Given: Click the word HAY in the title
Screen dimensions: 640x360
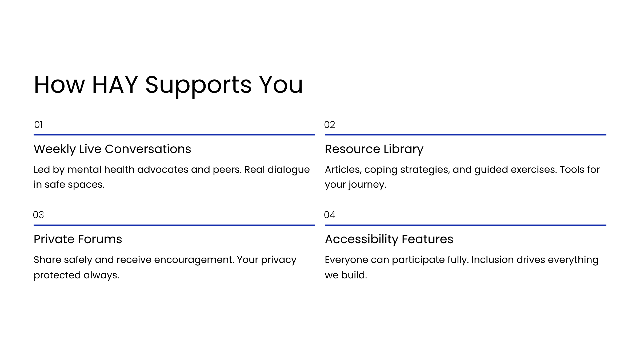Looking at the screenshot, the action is tap(115, 85).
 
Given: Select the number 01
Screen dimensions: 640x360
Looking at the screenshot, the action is tap(38, 125).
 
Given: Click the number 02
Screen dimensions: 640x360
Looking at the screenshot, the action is tap(330, 125).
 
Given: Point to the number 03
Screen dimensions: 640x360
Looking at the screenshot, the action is tap(38, 215).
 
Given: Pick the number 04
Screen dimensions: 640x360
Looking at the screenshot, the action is tap(330, 215).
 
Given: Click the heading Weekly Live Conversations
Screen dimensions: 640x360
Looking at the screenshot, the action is tap(112, 149).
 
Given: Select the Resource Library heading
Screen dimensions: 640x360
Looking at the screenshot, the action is tap(374, 149).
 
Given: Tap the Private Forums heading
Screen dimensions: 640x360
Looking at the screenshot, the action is tap(78, 239).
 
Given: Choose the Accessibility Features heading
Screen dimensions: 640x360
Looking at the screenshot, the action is tap(389, 239).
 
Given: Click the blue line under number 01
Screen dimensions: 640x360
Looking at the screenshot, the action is tap(174, 135).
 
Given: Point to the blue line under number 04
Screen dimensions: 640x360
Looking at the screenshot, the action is tap(466, 225).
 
